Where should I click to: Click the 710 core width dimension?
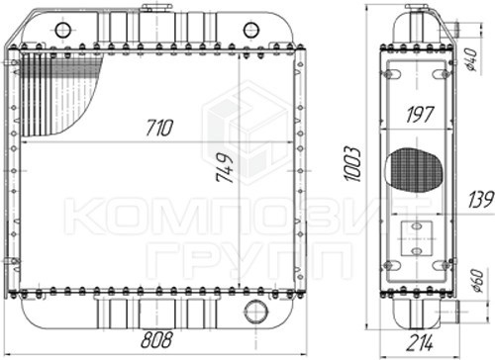tap(159, 128)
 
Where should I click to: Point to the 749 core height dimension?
tap(225, 168)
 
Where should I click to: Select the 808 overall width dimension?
tap(156, 340)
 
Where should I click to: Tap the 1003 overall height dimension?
tap(352, 164)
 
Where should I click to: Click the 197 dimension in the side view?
tap(420, 115)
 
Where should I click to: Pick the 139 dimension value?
tap(481, 199)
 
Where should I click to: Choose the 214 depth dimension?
tap(419, 343)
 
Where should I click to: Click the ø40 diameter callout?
tap(470, 59)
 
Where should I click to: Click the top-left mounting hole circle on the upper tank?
tap(62, 30)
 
